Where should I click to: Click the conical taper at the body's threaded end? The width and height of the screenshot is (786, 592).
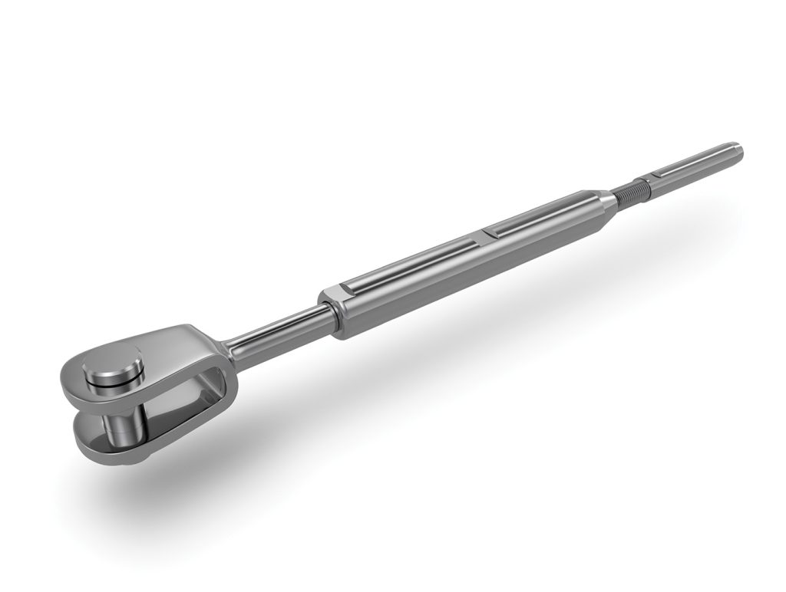pos(606,201)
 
